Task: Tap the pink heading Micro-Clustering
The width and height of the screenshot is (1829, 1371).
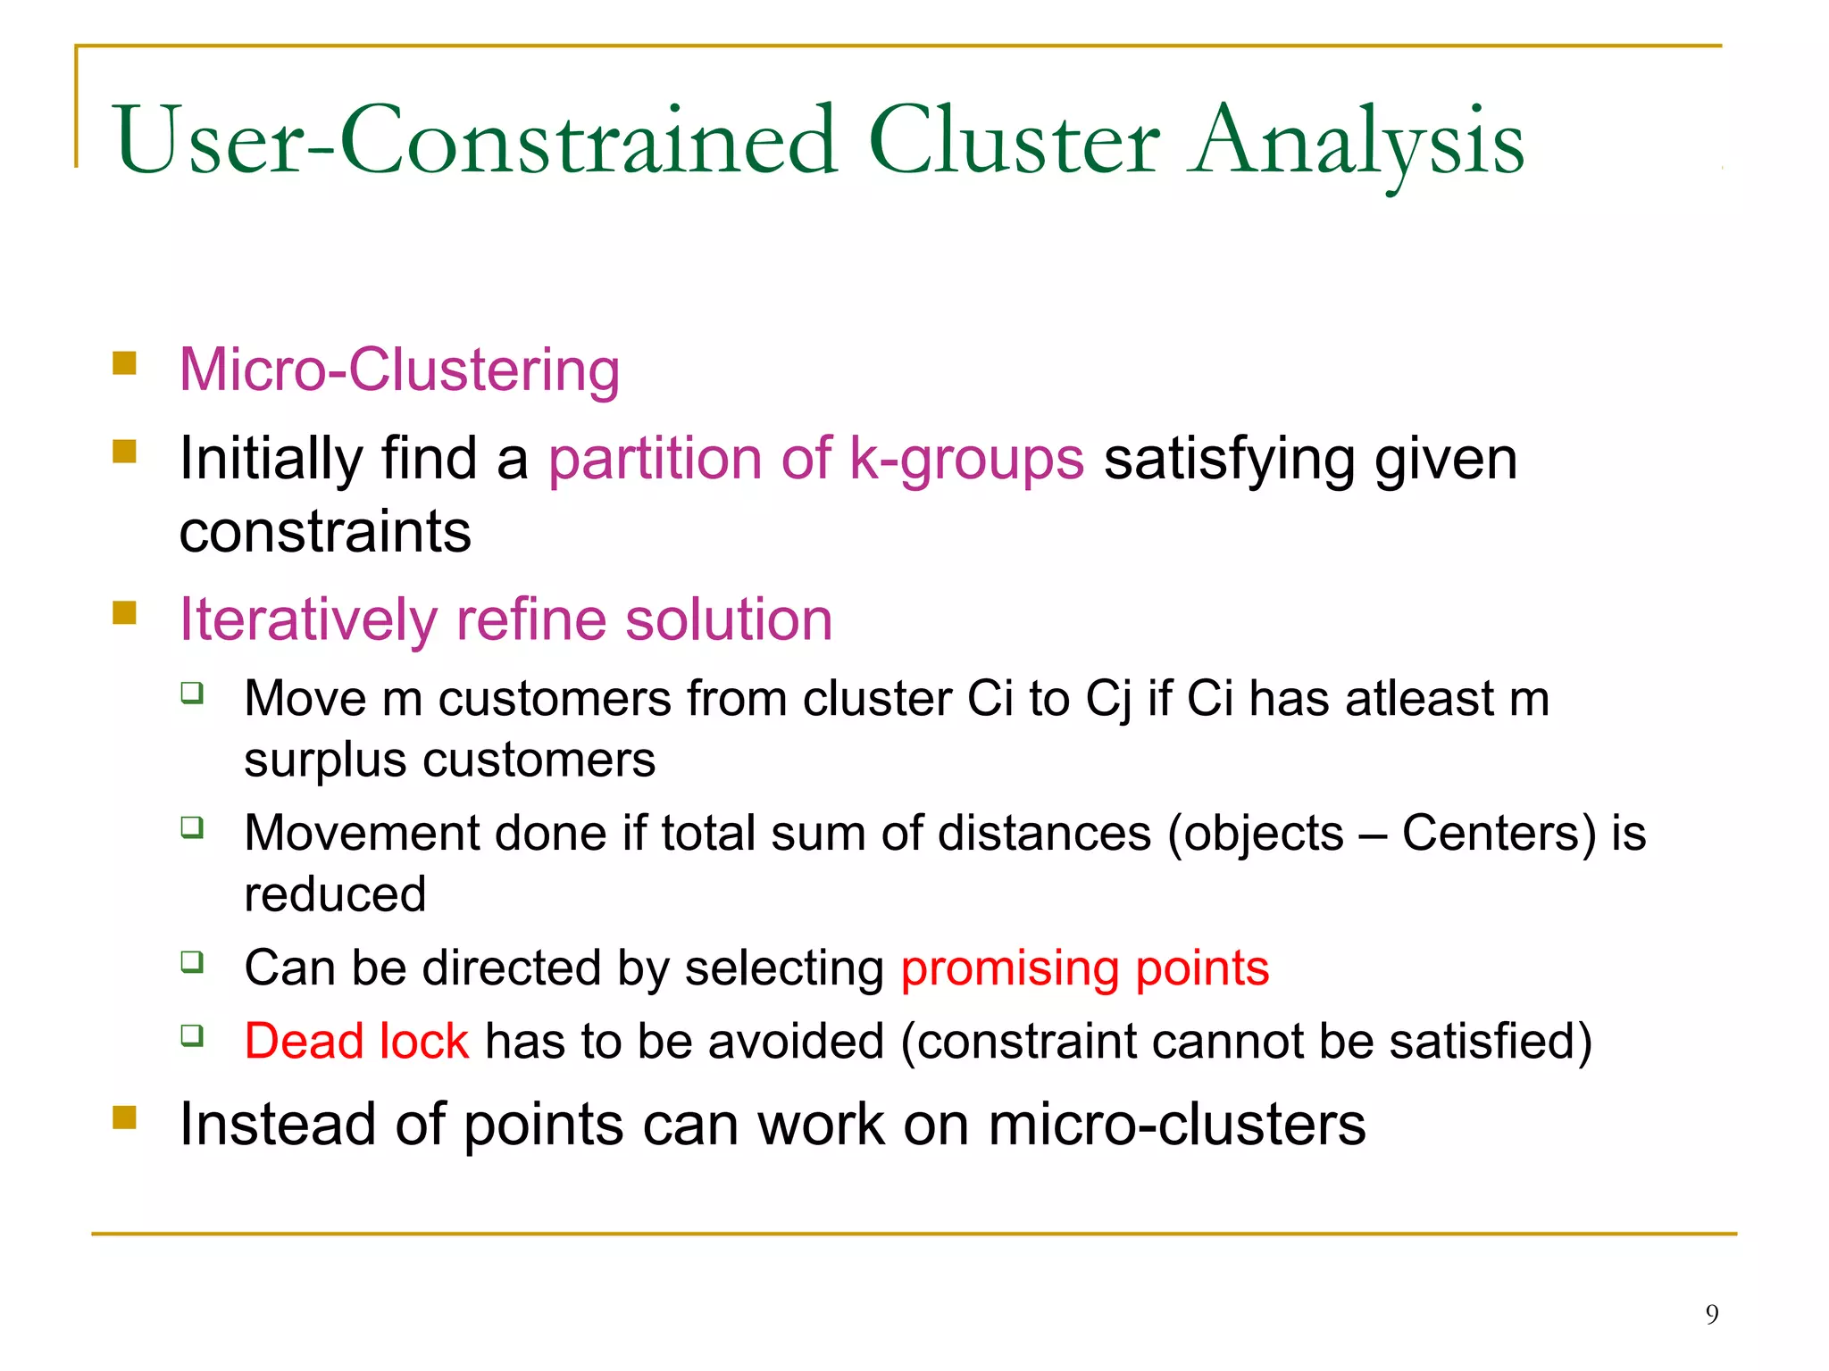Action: tap(399, 370)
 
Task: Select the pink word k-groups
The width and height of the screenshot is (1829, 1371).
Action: tap(966, 459)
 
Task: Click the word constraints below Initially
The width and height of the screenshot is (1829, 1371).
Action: tap(325, 532)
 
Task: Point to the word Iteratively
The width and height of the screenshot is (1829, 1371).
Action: tap(308, 619)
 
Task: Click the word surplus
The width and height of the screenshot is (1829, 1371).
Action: tap(325, 761)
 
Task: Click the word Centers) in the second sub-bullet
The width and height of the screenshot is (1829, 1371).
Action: tap(1499, 833)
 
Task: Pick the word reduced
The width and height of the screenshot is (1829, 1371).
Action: tap(335, 894)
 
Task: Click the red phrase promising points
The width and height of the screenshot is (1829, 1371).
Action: tap(1084, 968)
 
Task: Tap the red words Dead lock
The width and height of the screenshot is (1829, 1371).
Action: tap(356, 1042)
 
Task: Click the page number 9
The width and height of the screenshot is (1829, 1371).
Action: tap(1711, 1314)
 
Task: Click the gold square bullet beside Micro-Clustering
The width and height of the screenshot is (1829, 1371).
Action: tap(125, 362)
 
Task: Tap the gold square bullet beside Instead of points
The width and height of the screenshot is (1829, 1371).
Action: tap(125, 1117)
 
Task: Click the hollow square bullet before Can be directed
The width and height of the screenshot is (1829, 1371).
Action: tap(192, 962)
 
